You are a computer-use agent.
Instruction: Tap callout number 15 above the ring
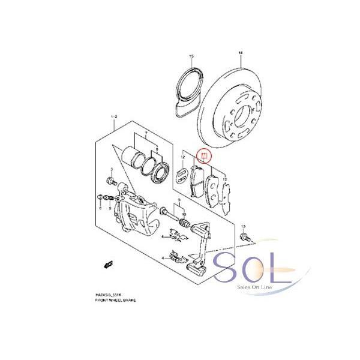tap(191, 56)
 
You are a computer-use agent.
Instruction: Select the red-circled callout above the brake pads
tap(205, 157)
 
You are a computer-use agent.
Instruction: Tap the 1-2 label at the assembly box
tap(113, 114)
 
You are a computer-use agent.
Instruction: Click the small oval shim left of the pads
tap(179, 176)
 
